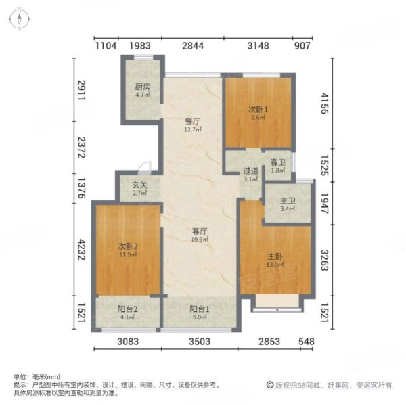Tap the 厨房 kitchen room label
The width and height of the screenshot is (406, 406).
tap(142, 87)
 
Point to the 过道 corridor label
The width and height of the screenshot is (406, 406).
tap(250, 171)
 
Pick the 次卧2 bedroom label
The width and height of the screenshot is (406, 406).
tap(127, 245)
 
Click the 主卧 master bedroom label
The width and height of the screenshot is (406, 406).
tap(274, 256)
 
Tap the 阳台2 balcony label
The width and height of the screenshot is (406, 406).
tap(129, 308)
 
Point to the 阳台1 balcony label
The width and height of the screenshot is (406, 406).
tap(198, 308)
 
